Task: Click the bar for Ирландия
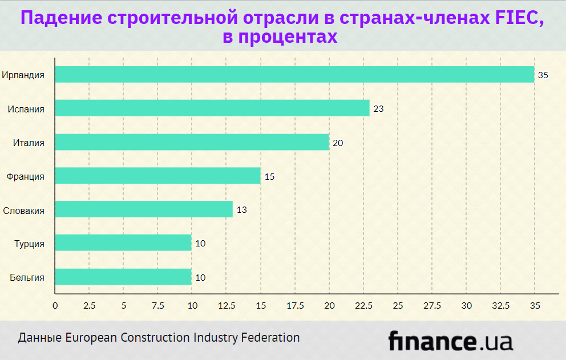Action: pyautogui.click(x=294, y=75)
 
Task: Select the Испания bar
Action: pyautogui.click(x=212, y=108)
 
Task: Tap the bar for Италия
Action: pyautogui.click(x=192, y=142)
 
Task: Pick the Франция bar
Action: pyautogui.click(x=157, y=176)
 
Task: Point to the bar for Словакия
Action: pyautogui.click(x=144, y=209)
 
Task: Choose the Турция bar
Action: pyautogui.click(x=123, y=243)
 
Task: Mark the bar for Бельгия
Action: pyautogui.click(x=123, y=277)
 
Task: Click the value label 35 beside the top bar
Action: pyautogui.click(x=543, y=75)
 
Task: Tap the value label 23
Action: pyautogui.click(x=378, y=109)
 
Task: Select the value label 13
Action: pyautogui.click(x=241, y=210)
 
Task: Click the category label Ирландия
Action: pyautogui.click(x=23, y=75)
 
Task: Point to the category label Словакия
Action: pyautogui.click(x=24, y=210)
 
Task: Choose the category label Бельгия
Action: pyautogui.click(x=27, y=277)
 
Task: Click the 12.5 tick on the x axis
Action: pyautogui.click(x=227, y=305)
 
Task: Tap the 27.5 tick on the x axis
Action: pyautogui.click(x=432, y=305)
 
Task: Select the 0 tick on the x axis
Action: pyautogui.click(x=55, y=305)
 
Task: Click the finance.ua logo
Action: pyautogui.click(x=450, y=341)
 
